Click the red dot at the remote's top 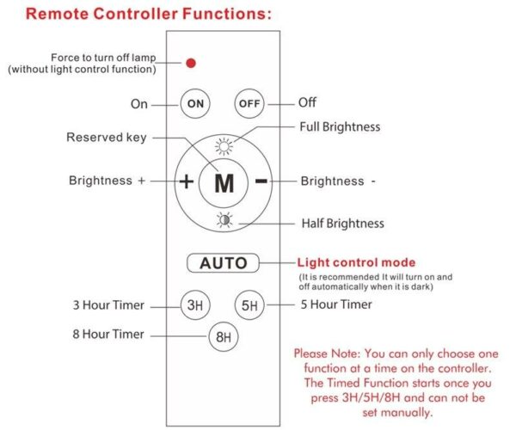pos(191,63)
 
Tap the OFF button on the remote pos(249,103)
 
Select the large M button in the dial pos(224,182)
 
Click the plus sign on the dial pos(186,181)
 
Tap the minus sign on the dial pos(261,181)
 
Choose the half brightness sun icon pos(224,219)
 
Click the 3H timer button pos(194,305)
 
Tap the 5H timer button pos(249,305)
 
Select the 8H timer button pos(222,336)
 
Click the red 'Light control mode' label pos(356,262)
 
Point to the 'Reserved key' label pos(107,138)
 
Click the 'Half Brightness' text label pos(342,224)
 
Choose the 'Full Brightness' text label pos(339,127)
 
